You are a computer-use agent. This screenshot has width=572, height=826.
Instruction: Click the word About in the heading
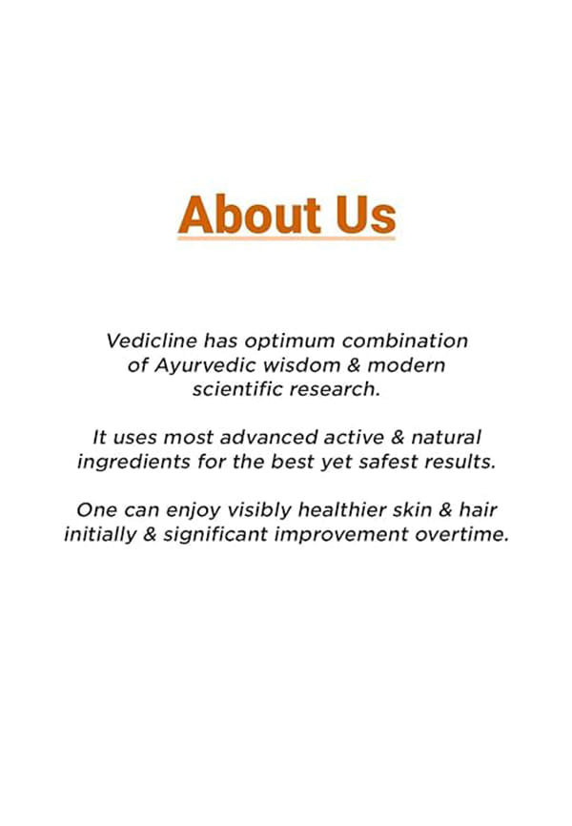pos(249,215)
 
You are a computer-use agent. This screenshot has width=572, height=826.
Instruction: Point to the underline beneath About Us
pos(287,238)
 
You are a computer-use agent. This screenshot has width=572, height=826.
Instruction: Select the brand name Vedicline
pos(152,341)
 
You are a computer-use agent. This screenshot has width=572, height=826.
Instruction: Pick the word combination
pos(404,341)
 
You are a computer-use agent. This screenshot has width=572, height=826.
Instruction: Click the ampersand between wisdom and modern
pos(354,365)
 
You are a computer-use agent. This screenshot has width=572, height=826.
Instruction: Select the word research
pos(335,390)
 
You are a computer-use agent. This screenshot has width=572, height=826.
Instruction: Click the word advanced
pos(269,437)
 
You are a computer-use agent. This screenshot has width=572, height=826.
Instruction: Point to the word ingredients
pos(133,463)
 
